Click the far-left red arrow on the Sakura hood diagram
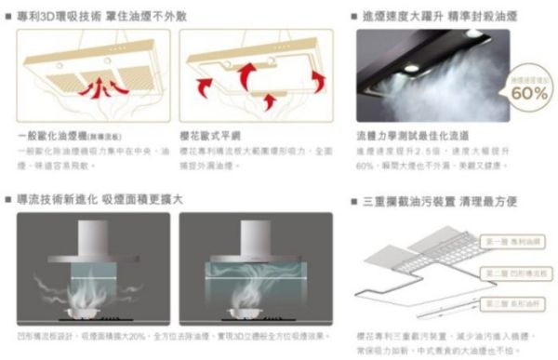202,87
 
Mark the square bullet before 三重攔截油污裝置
354,201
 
